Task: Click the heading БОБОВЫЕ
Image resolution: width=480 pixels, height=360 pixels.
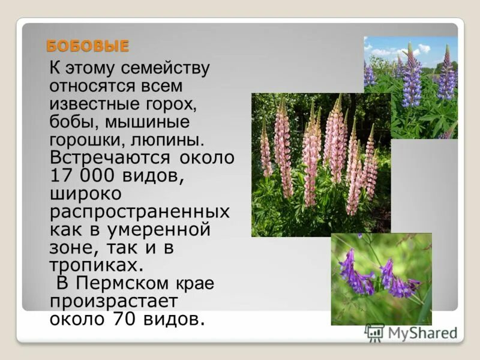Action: click(88, 46)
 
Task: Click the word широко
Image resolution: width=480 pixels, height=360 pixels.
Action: click(86, 194)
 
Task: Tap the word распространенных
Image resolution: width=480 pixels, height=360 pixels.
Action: click(140, 212)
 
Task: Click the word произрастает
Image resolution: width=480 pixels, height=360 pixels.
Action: click(113, 301)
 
